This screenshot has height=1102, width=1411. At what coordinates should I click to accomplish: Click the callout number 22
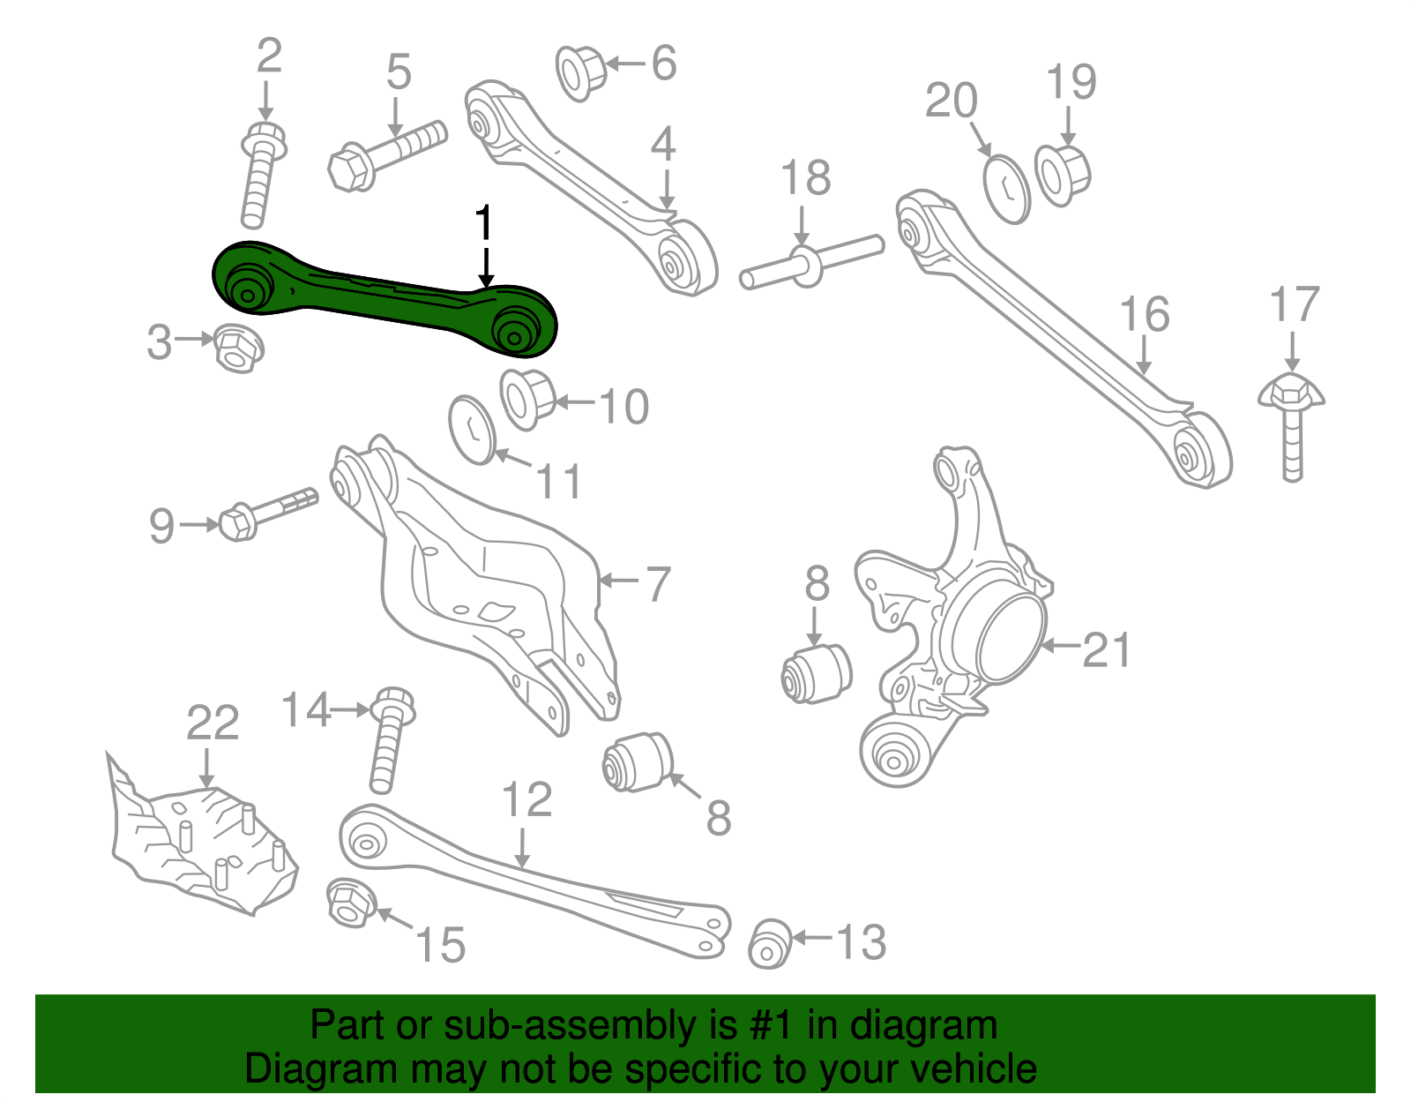(x=213, y=724)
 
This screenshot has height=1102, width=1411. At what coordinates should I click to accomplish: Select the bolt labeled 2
(x=258, y=176)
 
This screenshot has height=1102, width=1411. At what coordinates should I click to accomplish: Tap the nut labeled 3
(x=237, y=347)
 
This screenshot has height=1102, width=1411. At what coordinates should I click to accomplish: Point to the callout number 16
(x=1144, y=315)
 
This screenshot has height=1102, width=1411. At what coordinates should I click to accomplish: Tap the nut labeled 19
(x=1063, y=174)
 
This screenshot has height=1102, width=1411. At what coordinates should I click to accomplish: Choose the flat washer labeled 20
(x=1006, y=189)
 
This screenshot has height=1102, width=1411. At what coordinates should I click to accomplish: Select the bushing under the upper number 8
(x=817, y=675)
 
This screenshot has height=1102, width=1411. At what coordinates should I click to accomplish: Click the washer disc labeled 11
(x=473, y=429)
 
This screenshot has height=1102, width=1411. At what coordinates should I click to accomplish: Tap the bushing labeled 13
(x=769, y=943)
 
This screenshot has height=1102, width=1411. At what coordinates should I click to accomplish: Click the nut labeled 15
(x=349, y=903)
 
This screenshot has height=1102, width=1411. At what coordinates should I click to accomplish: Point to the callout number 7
(x=658, y=585)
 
